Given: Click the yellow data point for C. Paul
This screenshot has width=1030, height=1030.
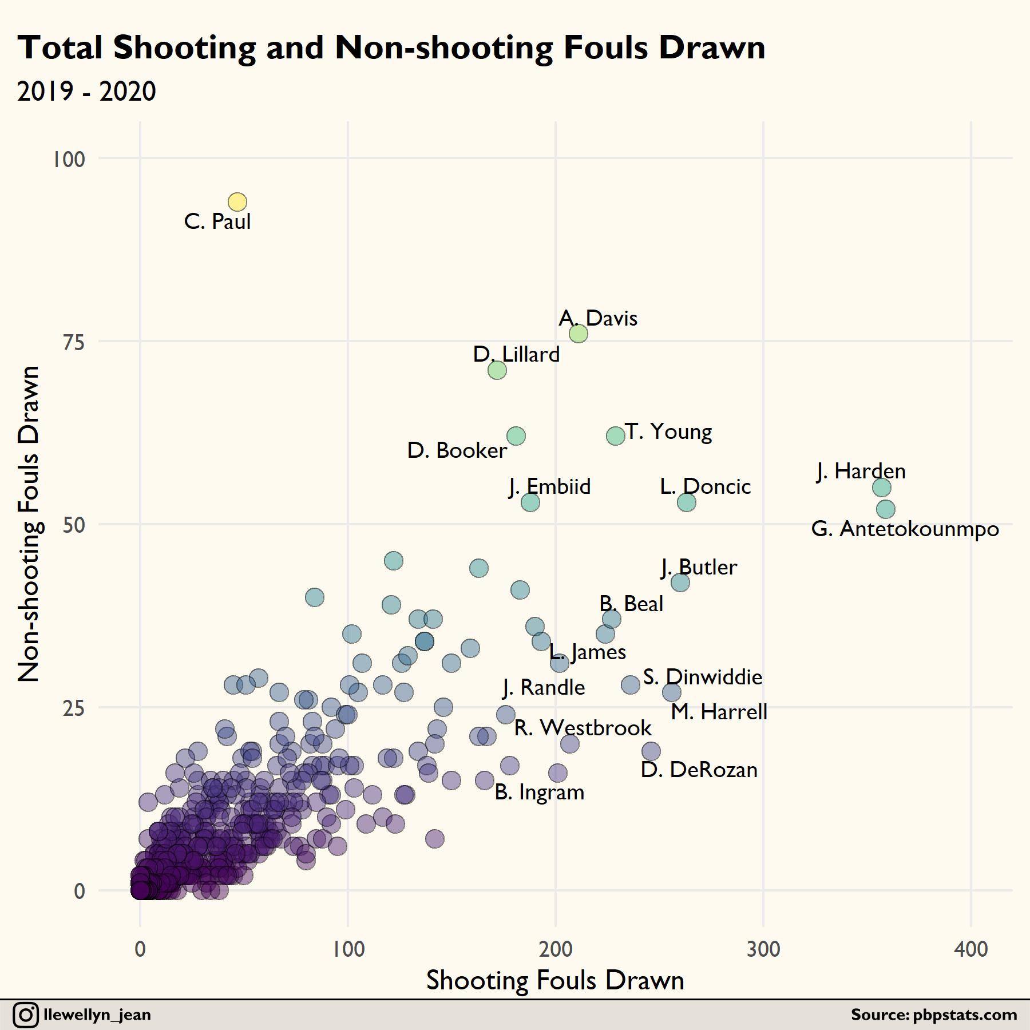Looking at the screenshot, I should click(x=237, y=201).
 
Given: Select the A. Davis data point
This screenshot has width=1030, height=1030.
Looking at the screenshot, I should click(x=579, y=333).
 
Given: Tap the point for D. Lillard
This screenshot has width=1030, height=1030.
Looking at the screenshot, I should click(x=497, y=370).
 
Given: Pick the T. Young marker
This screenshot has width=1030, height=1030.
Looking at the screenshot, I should click(x=616, y=436).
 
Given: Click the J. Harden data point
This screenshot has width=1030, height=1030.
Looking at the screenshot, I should click(x=882, y=488).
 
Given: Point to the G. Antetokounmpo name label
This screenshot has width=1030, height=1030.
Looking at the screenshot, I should click(x=905, y=529).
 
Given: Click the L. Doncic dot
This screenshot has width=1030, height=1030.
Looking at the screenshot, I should click(x=687, y=502).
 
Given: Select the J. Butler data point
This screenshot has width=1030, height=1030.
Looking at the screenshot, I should click(x=680, y=583).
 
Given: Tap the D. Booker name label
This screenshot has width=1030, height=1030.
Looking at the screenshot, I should click(x=457, y=451).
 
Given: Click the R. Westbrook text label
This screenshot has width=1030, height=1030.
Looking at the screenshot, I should click(x=583, y=728).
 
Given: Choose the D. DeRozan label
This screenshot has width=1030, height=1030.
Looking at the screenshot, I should click(x=699, y=770).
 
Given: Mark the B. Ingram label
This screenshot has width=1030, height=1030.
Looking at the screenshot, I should click(x=539, y=793).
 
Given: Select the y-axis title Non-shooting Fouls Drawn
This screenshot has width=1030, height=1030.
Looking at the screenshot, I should click(x=29, y=524).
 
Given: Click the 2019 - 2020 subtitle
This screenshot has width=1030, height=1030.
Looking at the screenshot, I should click(x=86, y=92).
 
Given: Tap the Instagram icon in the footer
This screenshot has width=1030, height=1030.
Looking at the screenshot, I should click(x=26, y=1015).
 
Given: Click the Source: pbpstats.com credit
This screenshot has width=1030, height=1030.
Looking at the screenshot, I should click(x=934, y=1015).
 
